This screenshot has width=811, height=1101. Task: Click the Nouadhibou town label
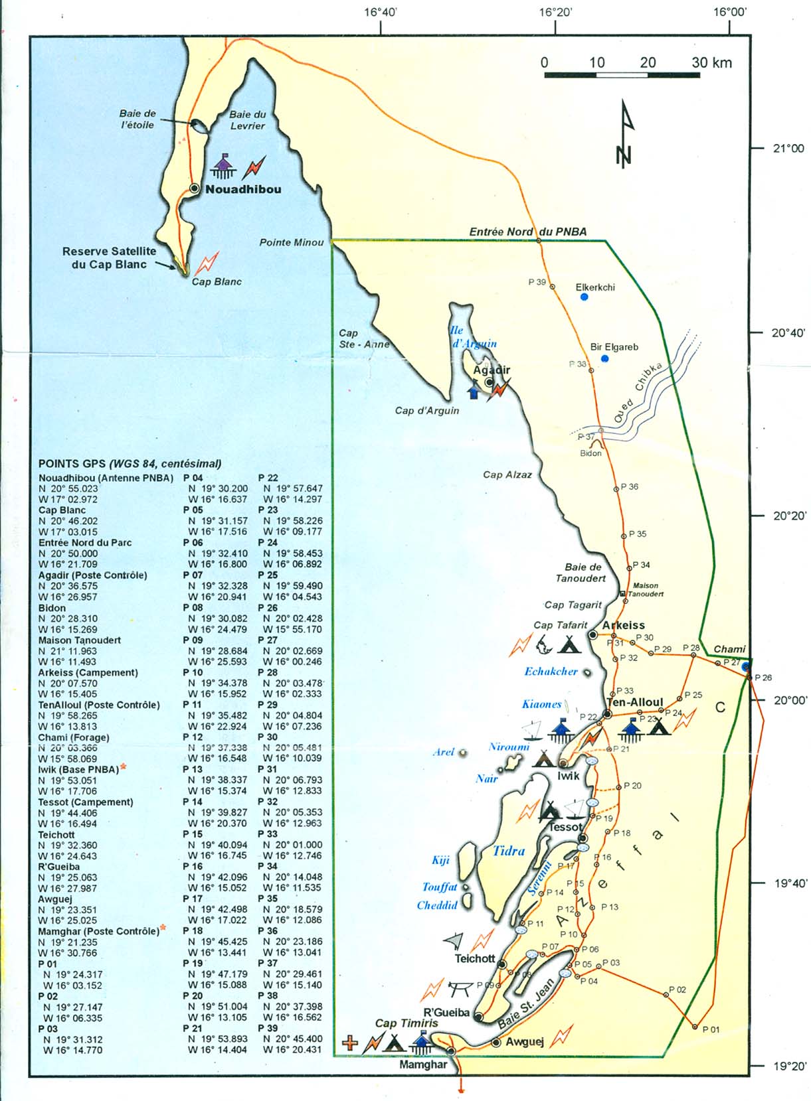[x=243, y=189]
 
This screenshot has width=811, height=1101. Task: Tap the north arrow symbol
[x=624, y=133]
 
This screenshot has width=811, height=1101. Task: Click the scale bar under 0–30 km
[x=622, y=75]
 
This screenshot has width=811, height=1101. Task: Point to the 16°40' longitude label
[x=381, y=11]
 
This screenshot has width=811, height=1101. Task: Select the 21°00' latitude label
[x=788, y=149]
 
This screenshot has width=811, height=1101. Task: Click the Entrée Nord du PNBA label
[x=528, y=232]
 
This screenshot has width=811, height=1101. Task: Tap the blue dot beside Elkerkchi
[x=584, y=297]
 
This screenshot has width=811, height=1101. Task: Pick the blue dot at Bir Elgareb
[x=604, y=359]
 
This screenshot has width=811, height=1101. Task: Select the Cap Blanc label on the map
[x=217, y=281]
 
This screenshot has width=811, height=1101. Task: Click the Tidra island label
[x=509, y=851]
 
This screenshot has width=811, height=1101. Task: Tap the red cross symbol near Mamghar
[x=349, y=1043]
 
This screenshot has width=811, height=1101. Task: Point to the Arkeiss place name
[x=623, y=625]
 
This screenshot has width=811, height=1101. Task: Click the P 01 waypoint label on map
[x=710, y=1029]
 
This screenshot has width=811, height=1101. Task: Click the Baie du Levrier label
[x=247, y=120]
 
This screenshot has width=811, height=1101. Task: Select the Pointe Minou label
[x=291, y=242]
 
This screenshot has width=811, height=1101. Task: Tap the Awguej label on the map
[x=525, y=1042]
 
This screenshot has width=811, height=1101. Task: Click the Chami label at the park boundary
[x=729, y=649]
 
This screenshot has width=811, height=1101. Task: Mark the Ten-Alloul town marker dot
[x=607, y=714]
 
